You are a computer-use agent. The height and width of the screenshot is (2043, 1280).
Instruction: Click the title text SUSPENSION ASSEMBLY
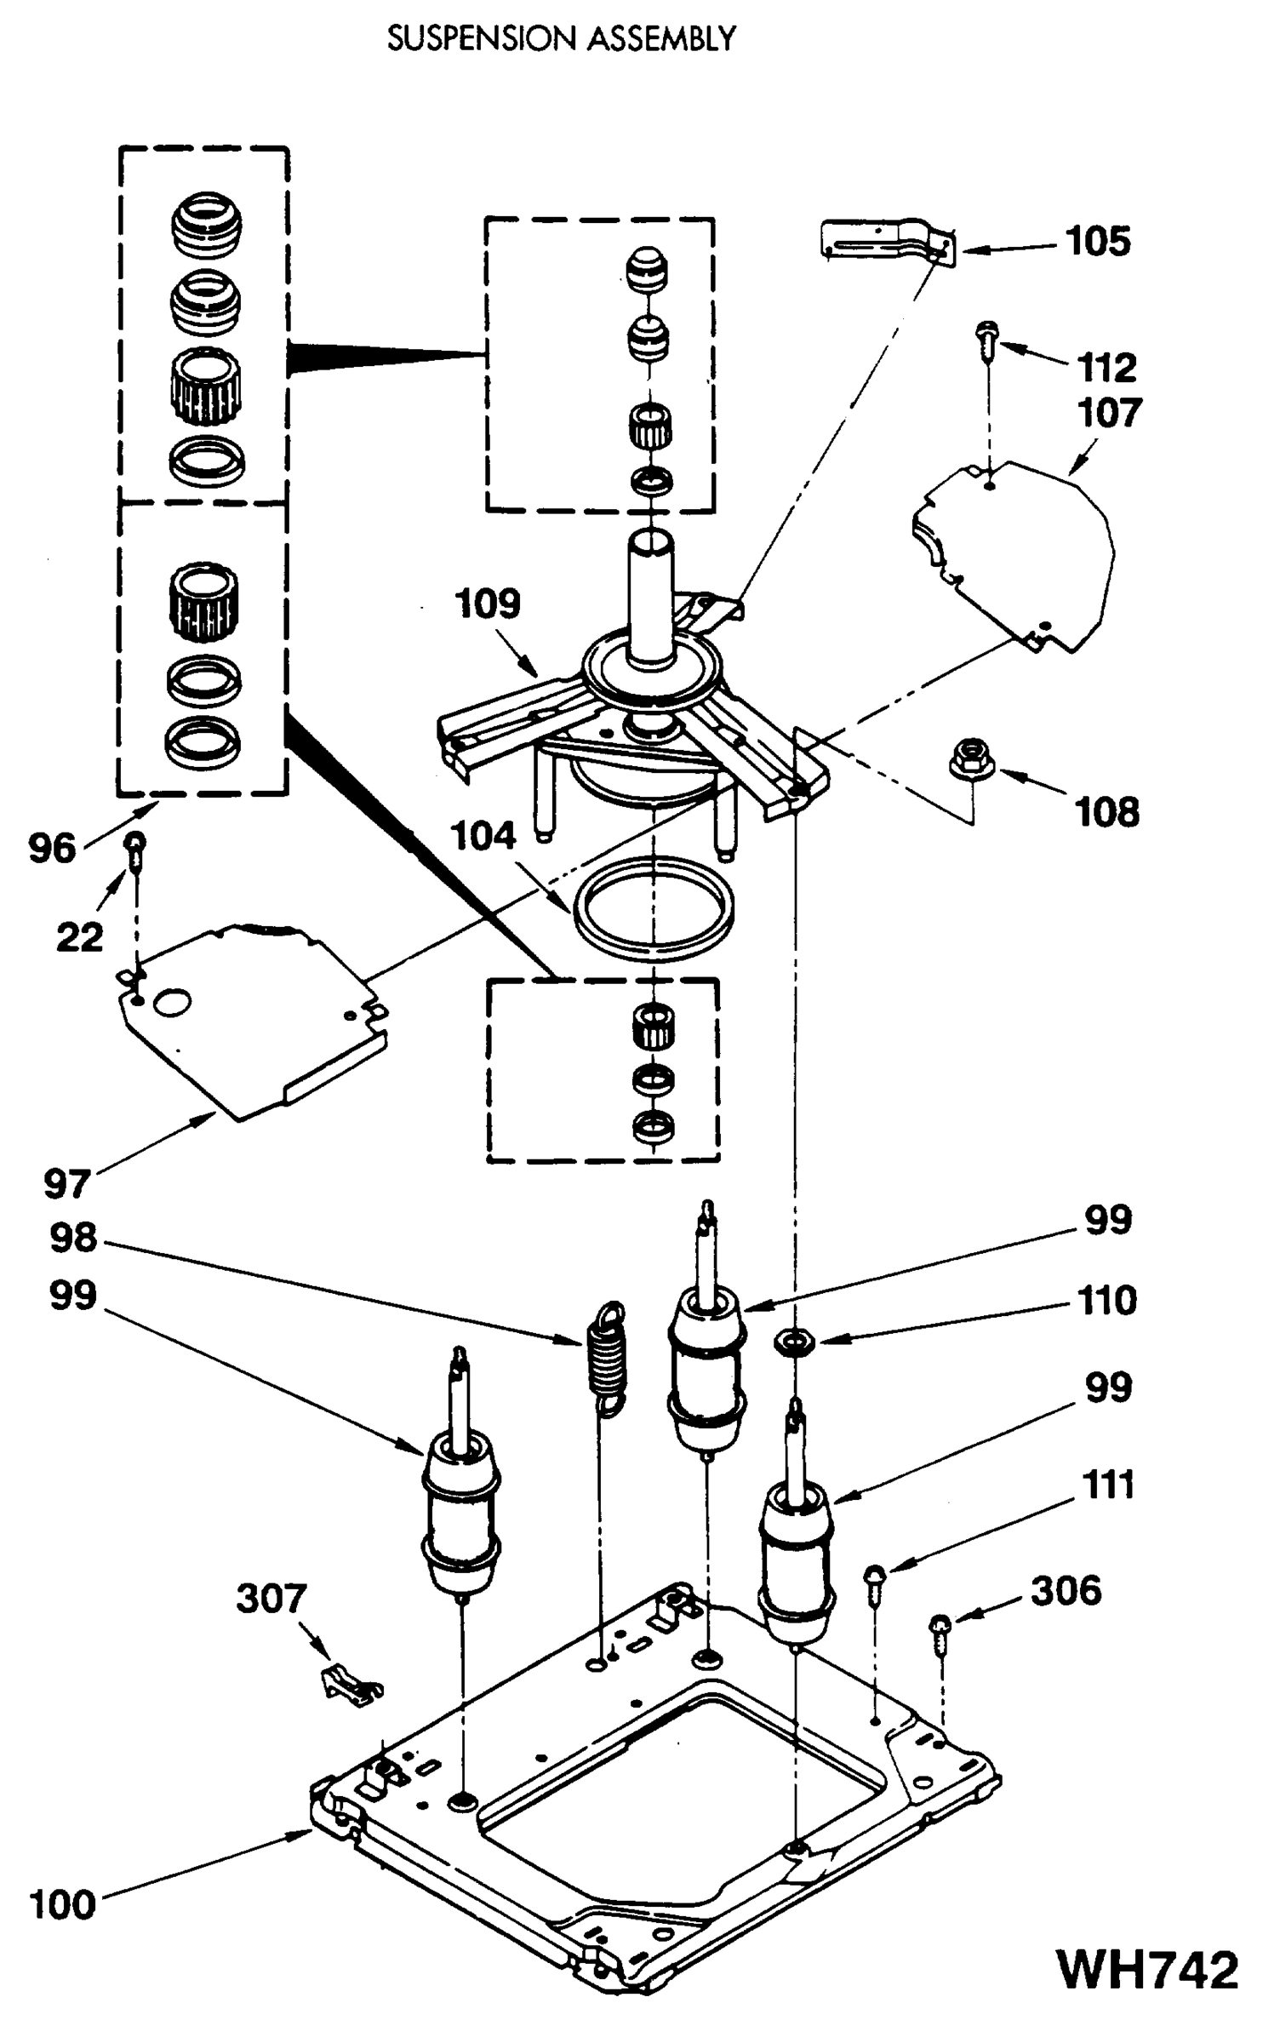pos(561,39)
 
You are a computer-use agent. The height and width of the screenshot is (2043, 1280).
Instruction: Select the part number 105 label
pos(1099,242)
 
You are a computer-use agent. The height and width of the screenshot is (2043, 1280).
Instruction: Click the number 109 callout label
pos(487,604)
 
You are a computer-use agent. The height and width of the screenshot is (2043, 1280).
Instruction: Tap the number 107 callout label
pos(1109,413)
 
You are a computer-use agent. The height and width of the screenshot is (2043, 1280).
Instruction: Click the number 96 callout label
pos(52,849)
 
